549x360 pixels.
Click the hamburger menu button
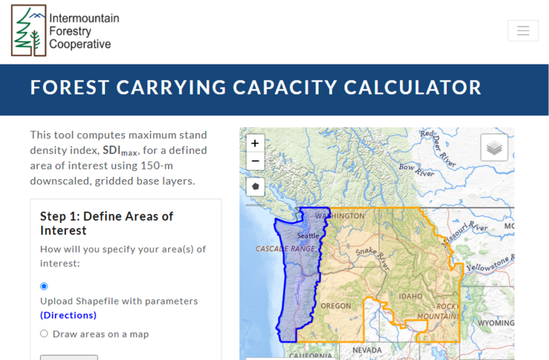(x=523, y=31)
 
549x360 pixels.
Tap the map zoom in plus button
(x=256, y=143)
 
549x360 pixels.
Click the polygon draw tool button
(x=256, y=187)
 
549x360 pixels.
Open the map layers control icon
(x=494, y=147)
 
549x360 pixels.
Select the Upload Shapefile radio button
(x=44, y=286)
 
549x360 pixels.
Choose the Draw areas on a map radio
(x=44, y=333)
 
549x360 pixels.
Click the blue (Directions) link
(x=68, y=315)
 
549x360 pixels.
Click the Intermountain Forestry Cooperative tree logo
(x=29, y=30)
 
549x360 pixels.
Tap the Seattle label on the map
(x=308, y=236)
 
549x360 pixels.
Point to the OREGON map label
(x=336, y=306)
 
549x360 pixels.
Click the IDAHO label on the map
(x=410, y=296)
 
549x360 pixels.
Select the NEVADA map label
(x=367, y=350)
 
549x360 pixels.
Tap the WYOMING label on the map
(x=496, y=322)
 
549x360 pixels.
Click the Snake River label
(x=373, y=257)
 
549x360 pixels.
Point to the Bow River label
(x=416, y=170)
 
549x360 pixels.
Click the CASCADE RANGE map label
(x=285, y=249)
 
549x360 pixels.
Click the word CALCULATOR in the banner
(x=412, y=87)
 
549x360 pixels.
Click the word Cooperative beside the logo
(x=80, y=44)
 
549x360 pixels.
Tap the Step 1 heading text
(x=107, y=224)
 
